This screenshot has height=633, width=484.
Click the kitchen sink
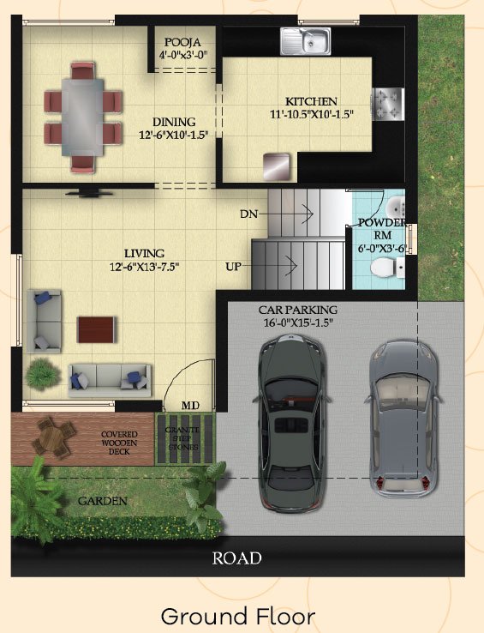coord(306,41)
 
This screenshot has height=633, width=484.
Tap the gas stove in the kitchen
coord(387,104)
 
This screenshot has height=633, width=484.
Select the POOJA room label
coord(182,42)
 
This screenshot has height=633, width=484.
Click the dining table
coord(83,117)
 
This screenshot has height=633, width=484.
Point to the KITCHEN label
coord(311,101)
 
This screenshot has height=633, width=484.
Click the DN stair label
coord(249,214)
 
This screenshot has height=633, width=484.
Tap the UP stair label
coord(234,267)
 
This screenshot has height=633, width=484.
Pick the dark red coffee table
coord(96,330)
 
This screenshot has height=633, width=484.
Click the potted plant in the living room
coord(42,375)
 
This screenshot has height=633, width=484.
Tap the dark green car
coord(292,421)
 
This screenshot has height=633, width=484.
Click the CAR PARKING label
coord(298,310)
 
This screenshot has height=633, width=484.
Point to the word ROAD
coord(237,558)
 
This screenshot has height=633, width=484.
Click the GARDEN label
coord(103,502)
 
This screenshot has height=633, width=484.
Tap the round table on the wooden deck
coord(51,437)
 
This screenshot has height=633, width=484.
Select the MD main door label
coord(190,406)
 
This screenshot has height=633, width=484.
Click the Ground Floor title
coord(238,617)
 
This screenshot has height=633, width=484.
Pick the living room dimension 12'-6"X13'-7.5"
coord(145,267)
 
